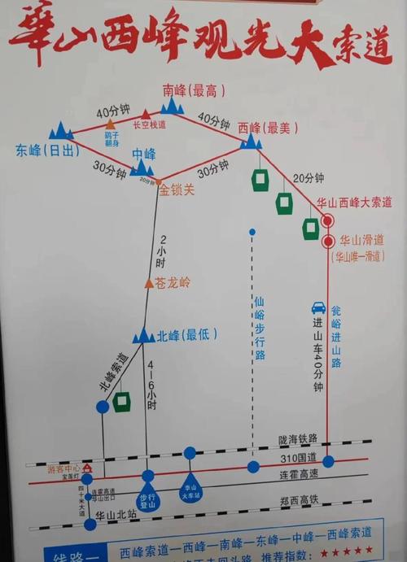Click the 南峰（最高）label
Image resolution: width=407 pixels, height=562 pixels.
pyautogui.click(x=194, y=89)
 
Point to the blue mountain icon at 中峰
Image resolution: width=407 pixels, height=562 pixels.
pyautogui.click(x=142, y=167)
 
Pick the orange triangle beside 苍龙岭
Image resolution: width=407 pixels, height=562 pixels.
pyautogui.click(x=148, y=283)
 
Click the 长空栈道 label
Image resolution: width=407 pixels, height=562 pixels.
pyautogui.click(x=149, y=125)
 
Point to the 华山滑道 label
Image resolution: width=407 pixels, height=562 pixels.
pyautogui.click(x=361, y=241)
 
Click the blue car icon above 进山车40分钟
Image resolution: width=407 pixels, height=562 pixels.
pyautogui.click(x=318, y=308)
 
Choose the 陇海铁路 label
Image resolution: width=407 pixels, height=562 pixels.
pyautogui.click(x=295, y=439)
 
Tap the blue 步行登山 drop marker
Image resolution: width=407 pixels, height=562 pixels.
pyautogui.click(x=147, y=498)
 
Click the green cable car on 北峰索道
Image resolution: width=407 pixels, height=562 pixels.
pyautogui.click(x=121, y=402)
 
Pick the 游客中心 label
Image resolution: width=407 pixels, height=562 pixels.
pyautogui.click(x=63, y=469)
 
